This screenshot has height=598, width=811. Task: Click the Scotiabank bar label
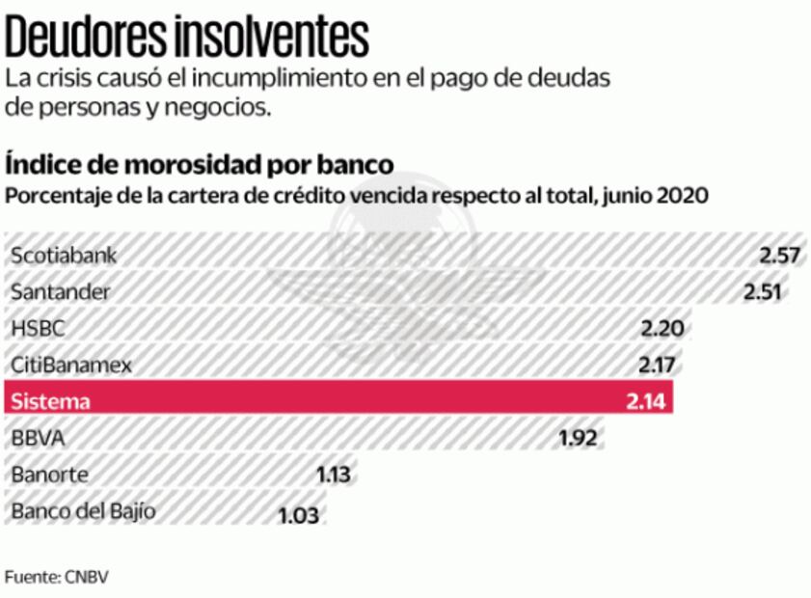pyautogui.click(x=63, y=256)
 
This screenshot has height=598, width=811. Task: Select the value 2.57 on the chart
pyautogui.click(x=780, y=256)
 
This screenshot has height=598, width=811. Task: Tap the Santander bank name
pyautogui.click(x=60, y=291)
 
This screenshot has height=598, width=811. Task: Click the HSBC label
pyautogui.click(x=39, y=328)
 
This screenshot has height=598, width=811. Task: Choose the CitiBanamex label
pyautogui.click(x=70, y=365)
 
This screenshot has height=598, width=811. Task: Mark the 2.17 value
pyautogui.click(x=659, y=365)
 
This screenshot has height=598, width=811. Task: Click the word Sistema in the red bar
pyautogui.click(x=49, y=401)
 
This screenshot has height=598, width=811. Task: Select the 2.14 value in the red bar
pyautogui.click(x=646, y=401)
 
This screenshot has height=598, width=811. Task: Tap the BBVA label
pyautogui.click(x=38, y=438)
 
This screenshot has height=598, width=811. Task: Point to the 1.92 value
pyautogui.click(x=579, y=438)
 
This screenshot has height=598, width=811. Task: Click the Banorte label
pyautogui.click(x=49, y=475)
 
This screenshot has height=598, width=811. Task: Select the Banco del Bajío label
pyautogui.click(x=82, y=511)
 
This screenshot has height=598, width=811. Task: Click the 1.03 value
pyautogui.click(x=298, y=513)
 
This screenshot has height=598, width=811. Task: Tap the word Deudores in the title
pyautogui.click(x=86, y=37)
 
